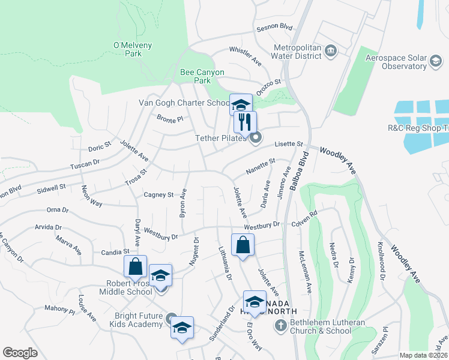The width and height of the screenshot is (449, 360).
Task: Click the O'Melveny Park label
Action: (127, 49)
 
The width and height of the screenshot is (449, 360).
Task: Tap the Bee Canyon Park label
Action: (202, 76)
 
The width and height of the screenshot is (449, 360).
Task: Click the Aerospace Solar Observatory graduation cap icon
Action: (436, 61)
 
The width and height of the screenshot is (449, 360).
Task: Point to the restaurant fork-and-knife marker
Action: (245, 122)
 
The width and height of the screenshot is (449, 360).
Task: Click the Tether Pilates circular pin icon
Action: (256, 139)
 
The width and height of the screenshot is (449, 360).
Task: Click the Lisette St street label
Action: (289, 144)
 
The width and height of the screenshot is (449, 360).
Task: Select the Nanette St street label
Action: (261, 167)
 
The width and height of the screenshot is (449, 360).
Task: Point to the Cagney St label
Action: (158, 194)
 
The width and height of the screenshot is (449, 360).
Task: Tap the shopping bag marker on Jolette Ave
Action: (243, 245)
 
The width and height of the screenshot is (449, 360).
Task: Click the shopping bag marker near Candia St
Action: (136, 267)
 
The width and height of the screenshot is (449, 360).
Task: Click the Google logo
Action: (20, 352)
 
